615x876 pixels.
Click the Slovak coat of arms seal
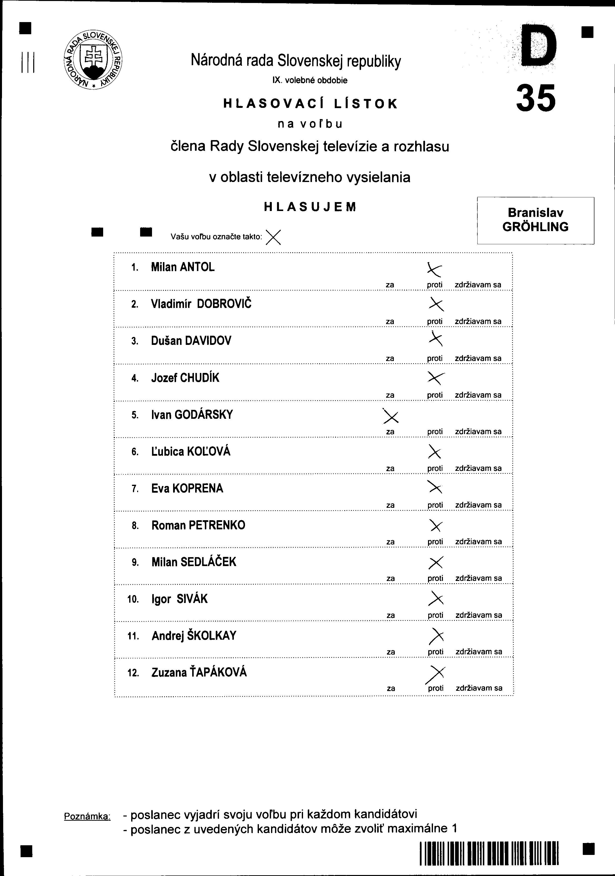[x=93, y=60]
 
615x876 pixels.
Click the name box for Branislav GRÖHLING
[x=535, y=220]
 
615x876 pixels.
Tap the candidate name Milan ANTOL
[x=183, y=267]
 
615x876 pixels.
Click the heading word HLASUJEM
[x=310, y=207]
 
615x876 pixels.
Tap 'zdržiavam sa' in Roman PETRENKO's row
[x=478, y=542]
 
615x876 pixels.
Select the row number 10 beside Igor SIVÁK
[x=133, y=599]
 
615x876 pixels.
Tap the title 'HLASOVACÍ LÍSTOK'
[x=310, y=104]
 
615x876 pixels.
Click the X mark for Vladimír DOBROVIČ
[x=436, y=304]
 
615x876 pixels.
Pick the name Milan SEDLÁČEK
[x=194, y=562]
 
